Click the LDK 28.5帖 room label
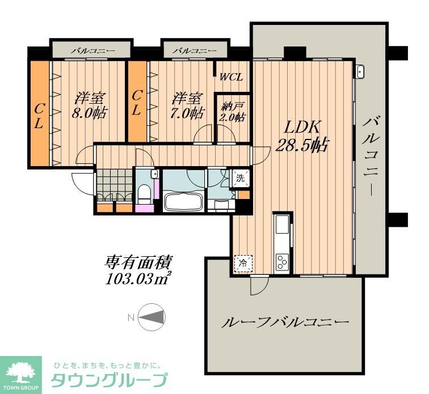(x=301, y=137)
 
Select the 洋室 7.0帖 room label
(x=187, y=105)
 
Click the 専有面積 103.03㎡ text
(x=138, y=270)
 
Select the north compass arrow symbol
(x=151, y=317)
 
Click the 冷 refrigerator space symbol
(x=242, y=263)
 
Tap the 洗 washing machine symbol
(x=241, y=179)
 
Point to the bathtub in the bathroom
(x=183, y=202)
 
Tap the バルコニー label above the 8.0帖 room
(x=92, y=51)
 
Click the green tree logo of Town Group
(x=20, y=371)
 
